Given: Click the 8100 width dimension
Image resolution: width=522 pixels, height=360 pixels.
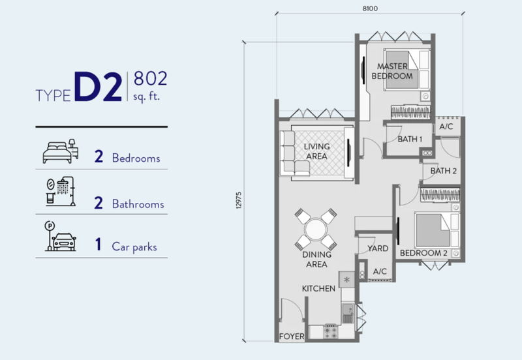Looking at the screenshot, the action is point(370,8).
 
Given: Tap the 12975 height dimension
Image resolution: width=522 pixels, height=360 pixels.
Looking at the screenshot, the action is point(239,200).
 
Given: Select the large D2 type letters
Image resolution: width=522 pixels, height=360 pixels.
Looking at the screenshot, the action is point(98,87).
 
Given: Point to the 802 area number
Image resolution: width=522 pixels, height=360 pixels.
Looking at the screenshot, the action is point(150,78).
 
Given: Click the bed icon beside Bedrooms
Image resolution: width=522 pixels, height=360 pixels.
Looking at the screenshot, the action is point(60,152).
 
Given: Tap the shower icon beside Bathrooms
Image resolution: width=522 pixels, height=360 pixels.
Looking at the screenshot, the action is point(60,191).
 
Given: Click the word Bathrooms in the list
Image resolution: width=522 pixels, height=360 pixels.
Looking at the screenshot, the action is point(138,204).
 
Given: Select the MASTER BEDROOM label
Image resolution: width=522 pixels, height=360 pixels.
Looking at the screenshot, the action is point(392,71).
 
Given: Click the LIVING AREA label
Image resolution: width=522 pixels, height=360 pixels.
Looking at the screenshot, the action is point(316,151).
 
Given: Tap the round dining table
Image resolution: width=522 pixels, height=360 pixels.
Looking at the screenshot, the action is point(316,229).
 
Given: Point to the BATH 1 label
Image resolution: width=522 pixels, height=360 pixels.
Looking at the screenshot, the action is point(410,139).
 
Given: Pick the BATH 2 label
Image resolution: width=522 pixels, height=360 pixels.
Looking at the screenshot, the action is point(444,171).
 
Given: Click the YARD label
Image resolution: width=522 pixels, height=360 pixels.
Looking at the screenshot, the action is point(378,248).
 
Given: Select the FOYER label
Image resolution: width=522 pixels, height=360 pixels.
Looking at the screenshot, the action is point(292,337).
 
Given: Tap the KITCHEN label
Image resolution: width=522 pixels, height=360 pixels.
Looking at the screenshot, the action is point(318,288).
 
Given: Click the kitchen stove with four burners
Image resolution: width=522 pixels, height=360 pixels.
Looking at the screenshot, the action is point(331,332).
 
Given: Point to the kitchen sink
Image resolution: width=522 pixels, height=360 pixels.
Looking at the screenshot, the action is point(348,313).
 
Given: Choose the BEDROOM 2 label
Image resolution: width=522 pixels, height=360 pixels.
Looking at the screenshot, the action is point(423,253).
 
